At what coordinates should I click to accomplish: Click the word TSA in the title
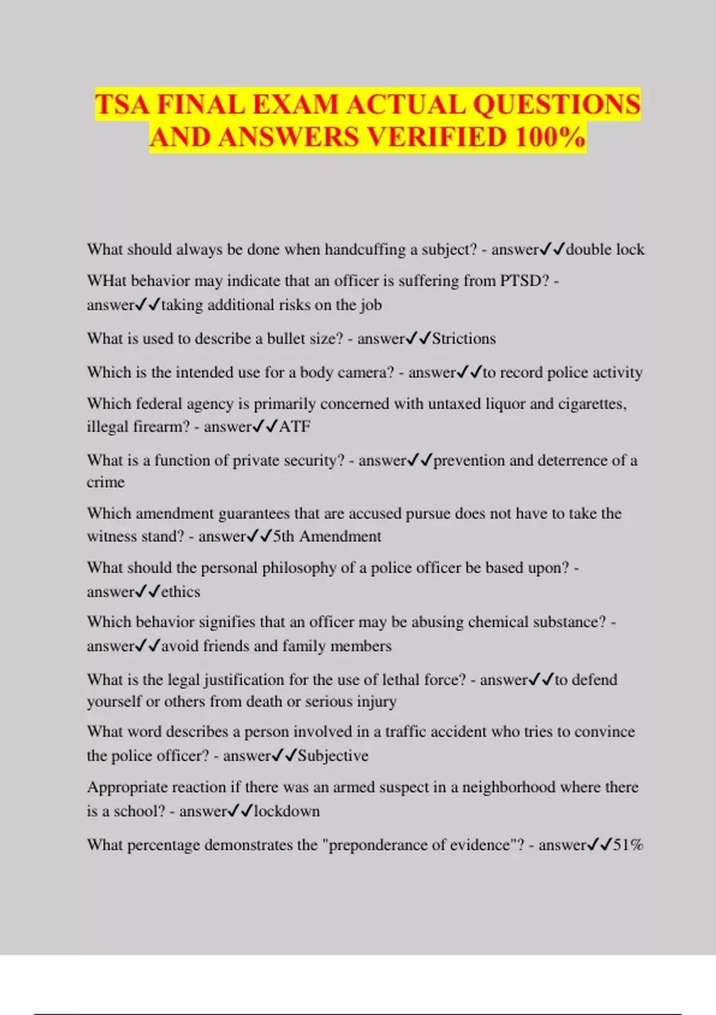(122, 105)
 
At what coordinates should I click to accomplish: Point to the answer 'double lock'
(605, 250)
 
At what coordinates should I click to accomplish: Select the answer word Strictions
(464, 339)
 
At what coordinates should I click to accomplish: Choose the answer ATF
(295, 426)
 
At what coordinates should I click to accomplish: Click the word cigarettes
(591, 404)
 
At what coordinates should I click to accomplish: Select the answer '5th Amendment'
(327, 536)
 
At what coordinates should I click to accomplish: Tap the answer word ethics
(181, 592)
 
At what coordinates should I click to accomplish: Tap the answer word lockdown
(287, 811)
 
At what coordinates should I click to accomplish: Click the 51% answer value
(628, 845)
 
